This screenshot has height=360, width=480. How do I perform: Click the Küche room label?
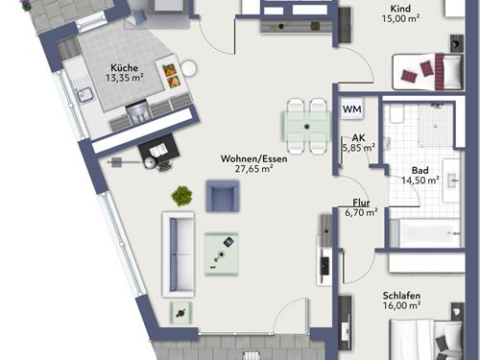tap(124, 68)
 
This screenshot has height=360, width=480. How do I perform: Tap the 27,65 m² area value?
tap(253, 169)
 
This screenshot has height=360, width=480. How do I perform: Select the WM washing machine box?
tap(352, 109)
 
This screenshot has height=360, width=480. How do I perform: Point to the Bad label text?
tap(420, 170)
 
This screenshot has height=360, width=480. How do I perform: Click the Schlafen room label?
tap(401, 296)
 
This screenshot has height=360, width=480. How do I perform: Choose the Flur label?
tap(361, 203)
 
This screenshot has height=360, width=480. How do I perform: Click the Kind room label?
tap(400, 9)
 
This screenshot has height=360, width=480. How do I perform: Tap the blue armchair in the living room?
tap(223, 196)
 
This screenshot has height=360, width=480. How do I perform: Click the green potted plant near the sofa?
tap(181, 196)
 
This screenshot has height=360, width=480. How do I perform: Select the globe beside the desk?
tap(150, 163)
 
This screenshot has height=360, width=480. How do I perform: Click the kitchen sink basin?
tap(84, 95)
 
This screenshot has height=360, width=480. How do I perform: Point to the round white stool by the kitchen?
tap(189, 68)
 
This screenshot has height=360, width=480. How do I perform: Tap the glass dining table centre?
tap(306, 127)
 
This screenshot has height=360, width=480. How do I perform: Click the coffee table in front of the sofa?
tap(222, 254)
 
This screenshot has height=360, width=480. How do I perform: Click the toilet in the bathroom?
tap(396, 114)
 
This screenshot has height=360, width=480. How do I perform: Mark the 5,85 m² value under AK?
tap(359, 148)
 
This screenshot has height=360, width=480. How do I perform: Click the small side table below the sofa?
tap(181, 313)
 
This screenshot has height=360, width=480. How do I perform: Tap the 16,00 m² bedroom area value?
tap(401, 305)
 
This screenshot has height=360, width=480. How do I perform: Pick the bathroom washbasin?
tap(451, 180)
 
